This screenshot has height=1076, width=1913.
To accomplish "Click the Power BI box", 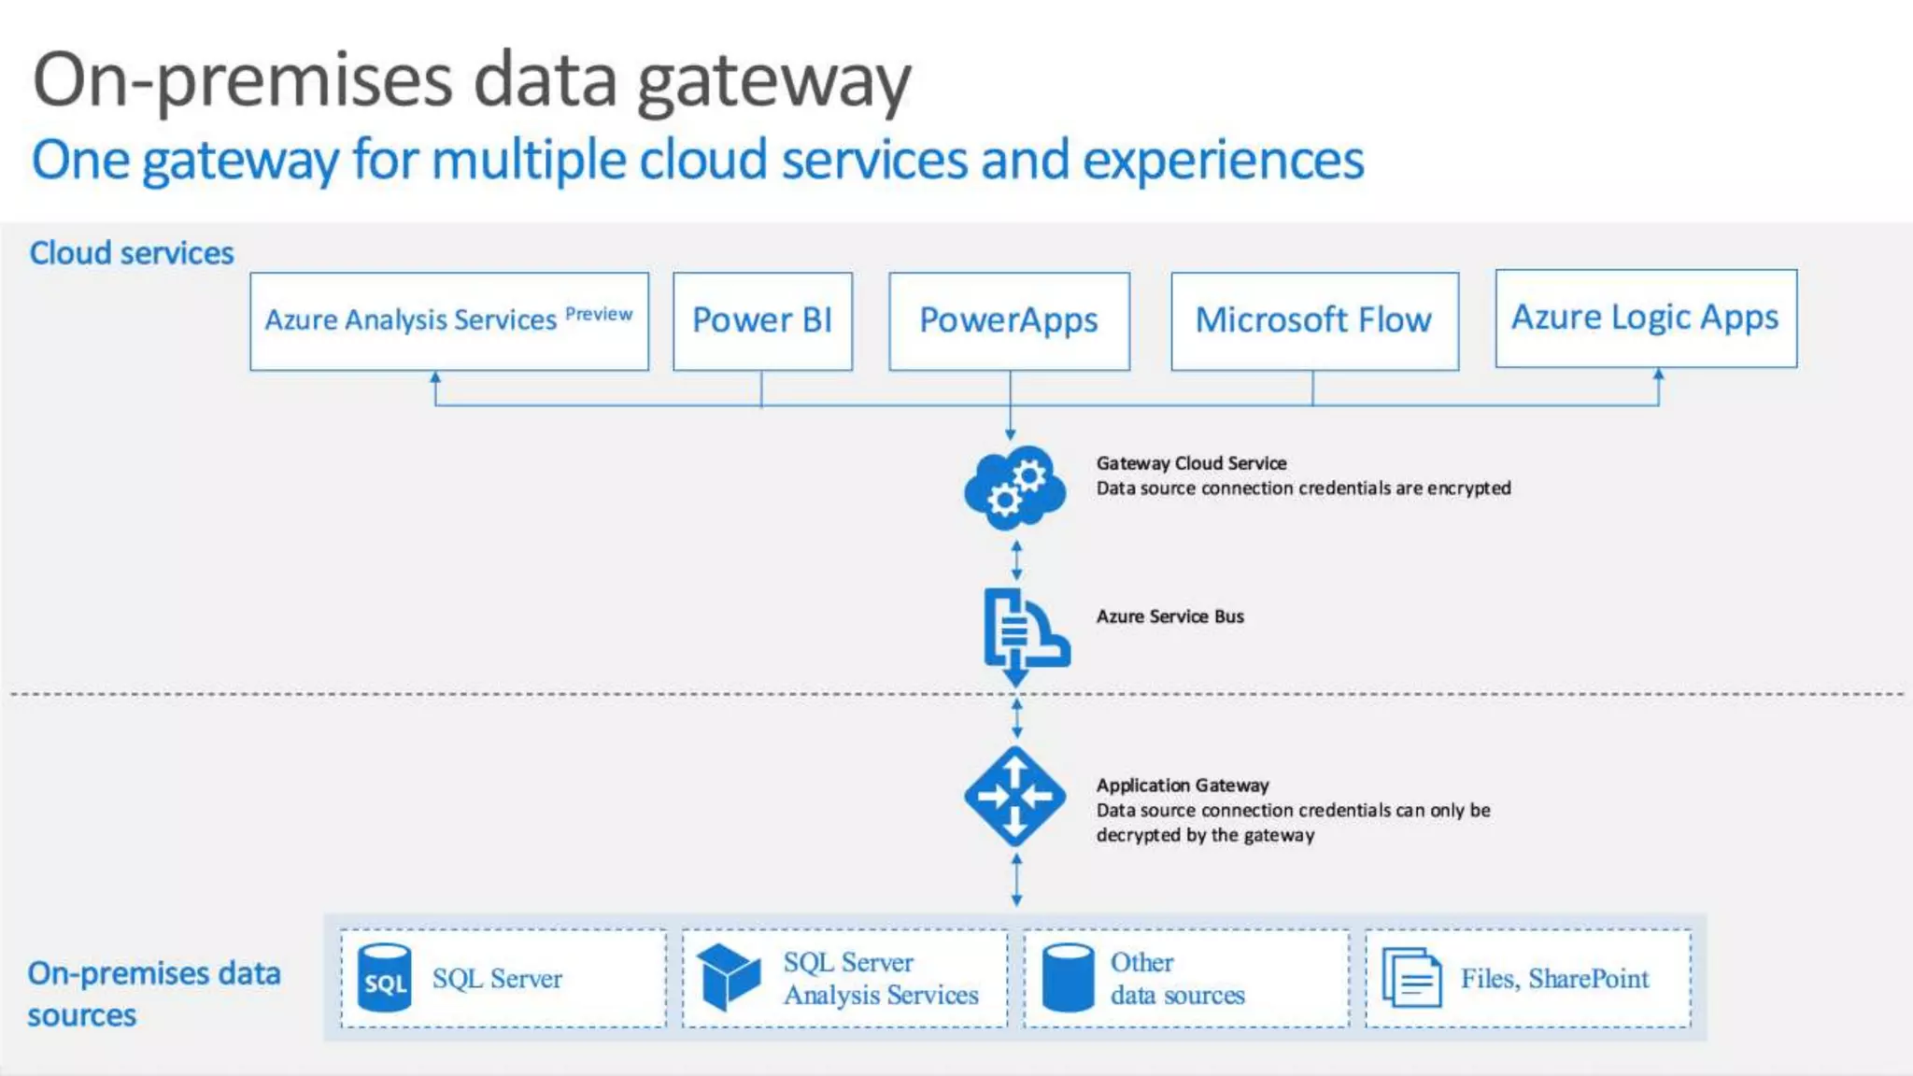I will pyautogui.click(x=762, y=320).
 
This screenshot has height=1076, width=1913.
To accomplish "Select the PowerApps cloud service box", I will pyautogui.click(x=1009, y=320).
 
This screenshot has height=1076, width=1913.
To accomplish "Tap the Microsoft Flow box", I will pyautogui.click(x=1314, y=320).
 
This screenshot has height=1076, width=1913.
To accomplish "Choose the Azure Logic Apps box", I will pyautogui.click(x=1646, y=318).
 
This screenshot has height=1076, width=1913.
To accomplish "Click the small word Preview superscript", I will pyautogui.click(x=599, y=314).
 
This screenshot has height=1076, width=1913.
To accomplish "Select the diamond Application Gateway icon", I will pyautogui.click(x=1015, y=796).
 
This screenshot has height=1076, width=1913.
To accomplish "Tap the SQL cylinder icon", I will pyautogui.click(x=385, y=978).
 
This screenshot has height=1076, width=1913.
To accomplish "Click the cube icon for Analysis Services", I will pyautogui.click(x=729, y=977).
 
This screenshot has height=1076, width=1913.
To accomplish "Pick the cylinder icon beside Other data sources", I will pyautogui.click(x=1068, y=978).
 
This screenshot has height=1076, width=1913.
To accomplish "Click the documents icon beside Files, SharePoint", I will pyautogui.click(x=1411, y=978).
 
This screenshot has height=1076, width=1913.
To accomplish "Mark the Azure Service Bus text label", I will pyautogui.click(x=1169, y=616).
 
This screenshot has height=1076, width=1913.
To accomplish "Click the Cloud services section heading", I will pyautogui.click(x=132, y=253).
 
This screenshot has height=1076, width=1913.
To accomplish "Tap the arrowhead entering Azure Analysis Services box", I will pyautogui.click(x=435, y=377).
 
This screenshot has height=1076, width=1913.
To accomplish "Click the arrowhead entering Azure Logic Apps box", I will pyautogui.click(x=1659, y=375).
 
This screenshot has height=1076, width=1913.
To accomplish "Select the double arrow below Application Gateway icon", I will pyautogui.click(x=1016, y=880).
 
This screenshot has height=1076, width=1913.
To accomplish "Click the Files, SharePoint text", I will pyautogui.click(x=1554, y=978).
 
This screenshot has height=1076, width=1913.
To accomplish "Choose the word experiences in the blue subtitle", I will pyautogui.click(x=1223, y=160).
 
